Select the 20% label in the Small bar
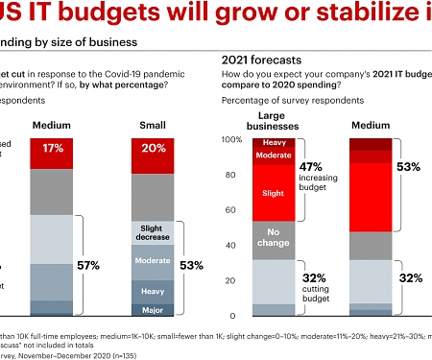coord(154,149)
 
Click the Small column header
coord(154,124)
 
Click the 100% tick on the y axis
coord(232,140)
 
